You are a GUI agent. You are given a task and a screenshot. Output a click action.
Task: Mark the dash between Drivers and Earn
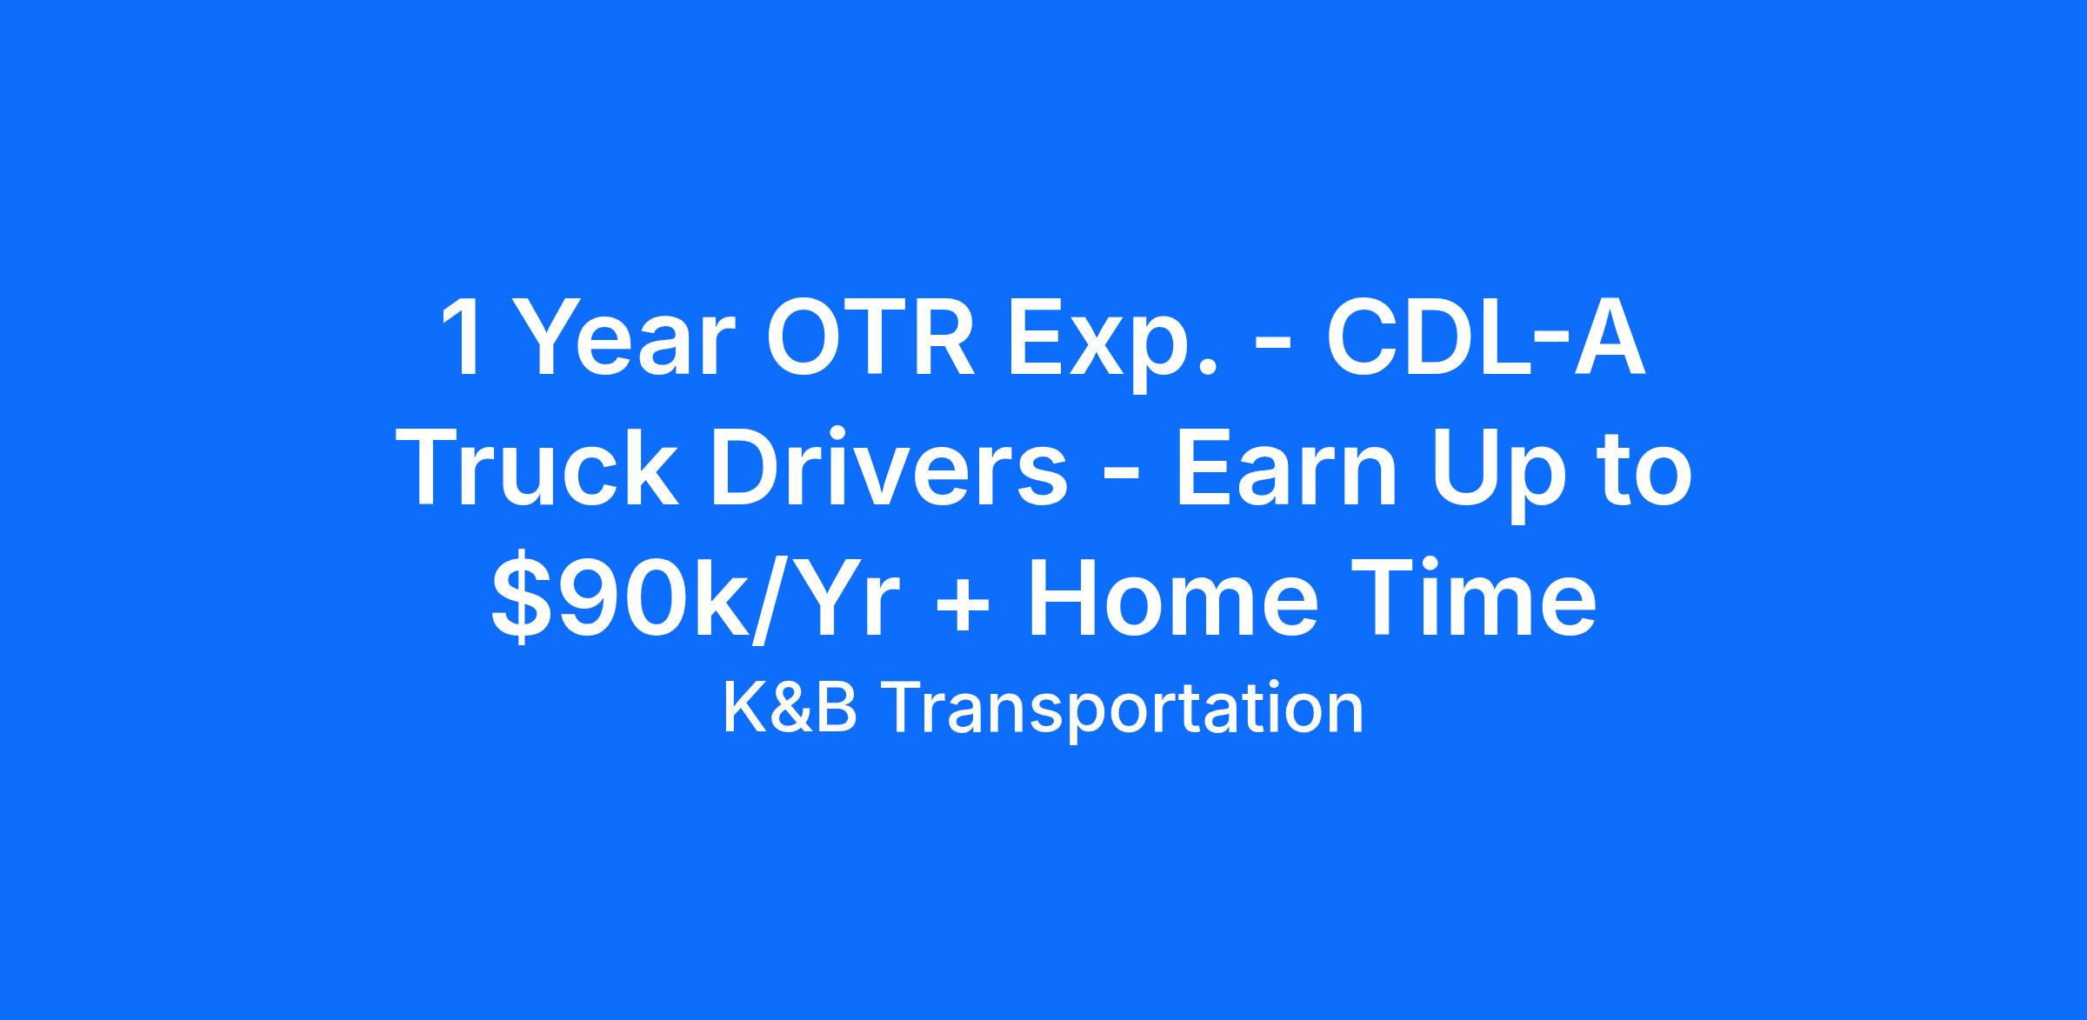[1123, 478]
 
